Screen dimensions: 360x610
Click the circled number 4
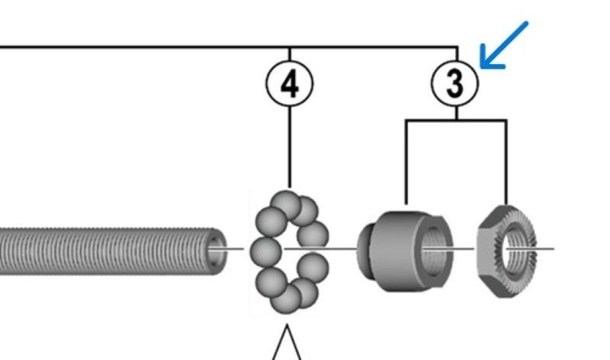[290, 82]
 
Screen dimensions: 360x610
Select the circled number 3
[455, 82]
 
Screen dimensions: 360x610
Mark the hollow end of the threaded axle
[217, 249]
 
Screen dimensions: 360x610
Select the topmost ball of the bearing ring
[288, 204]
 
